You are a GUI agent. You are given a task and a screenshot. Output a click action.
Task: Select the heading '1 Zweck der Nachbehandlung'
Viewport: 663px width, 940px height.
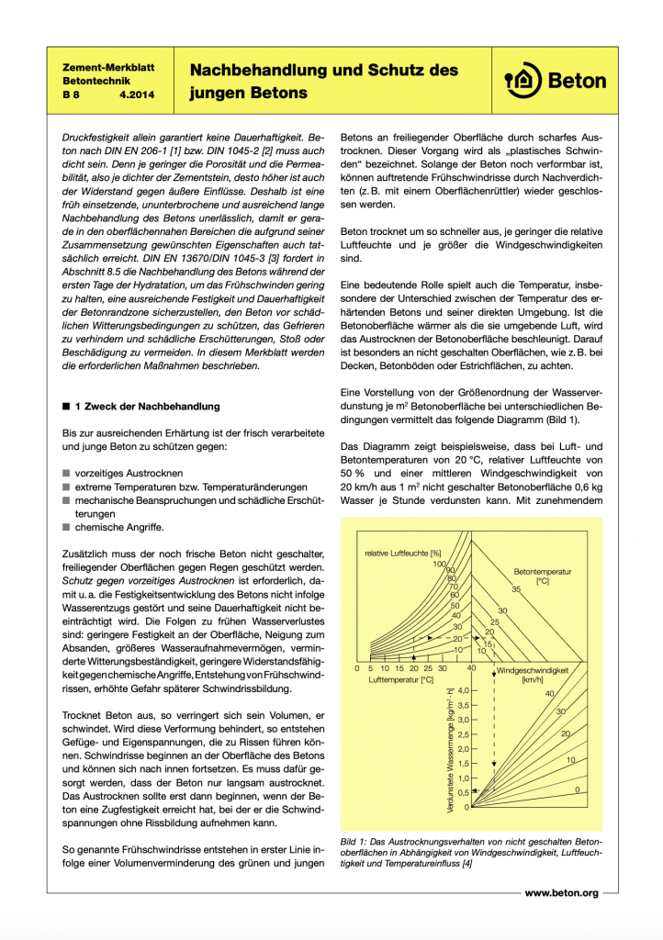coord(148,406)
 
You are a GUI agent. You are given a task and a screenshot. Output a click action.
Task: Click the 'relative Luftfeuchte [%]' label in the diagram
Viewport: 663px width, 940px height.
coord(402,553)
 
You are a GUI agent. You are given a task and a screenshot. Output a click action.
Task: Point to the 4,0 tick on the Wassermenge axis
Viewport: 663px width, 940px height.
coord(462,689)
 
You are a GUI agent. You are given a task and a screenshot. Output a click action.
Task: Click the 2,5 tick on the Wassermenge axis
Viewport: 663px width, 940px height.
coord(462,733)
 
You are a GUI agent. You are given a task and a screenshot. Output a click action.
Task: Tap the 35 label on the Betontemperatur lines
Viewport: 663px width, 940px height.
coord(516,588)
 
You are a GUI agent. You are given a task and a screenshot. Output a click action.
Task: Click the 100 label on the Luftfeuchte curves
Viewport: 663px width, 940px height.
coord(439,564)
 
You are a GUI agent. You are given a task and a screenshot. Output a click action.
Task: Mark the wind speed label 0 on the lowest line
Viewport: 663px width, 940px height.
coord(576,789)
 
